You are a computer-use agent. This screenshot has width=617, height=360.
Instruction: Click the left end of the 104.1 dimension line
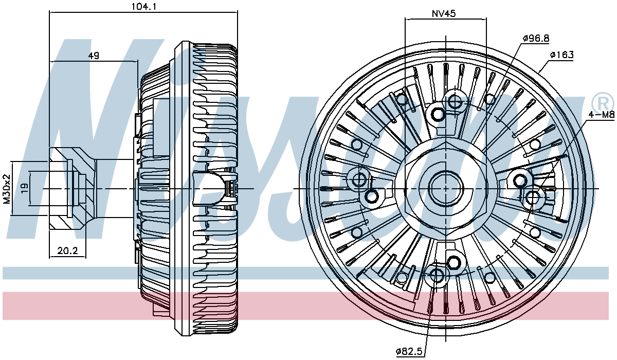(49, 12)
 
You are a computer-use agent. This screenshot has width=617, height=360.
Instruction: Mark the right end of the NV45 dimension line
(486, 19)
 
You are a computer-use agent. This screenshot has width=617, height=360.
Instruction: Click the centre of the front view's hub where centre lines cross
(446, 189)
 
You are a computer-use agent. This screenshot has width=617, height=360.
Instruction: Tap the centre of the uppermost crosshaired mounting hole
(454, 101)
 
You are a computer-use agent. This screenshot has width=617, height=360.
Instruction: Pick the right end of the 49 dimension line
(137, 62)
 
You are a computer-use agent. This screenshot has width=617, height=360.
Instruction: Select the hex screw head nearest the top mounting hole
(438, 114)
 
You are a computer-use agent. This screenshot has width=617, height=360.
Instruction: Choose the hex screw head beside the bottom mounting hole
(452, 262)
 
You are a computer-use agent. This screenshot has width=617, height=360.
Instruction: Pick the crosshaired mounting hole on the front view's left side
(359, 178)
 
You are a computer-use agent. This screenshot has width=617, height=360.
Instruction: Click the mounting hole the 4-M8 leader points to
(533, 198)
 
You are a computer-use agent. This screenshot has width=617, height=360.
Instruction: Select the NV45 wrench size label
(443, 13)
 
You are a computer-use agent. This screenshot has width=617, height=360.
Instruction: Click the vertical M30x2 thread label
(7, 189)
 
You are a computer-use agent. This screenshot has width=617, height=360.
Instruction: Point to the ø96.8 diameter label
(536, 38)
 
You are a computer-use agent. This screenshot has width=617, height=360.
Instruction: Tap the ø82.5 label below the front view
(409, 351)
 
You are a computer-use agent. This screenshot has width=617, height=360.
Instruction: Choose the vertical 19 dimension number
(25, 188)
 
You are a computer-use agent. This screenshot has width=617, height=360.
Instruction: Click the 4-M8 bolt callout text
(601, 114)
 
